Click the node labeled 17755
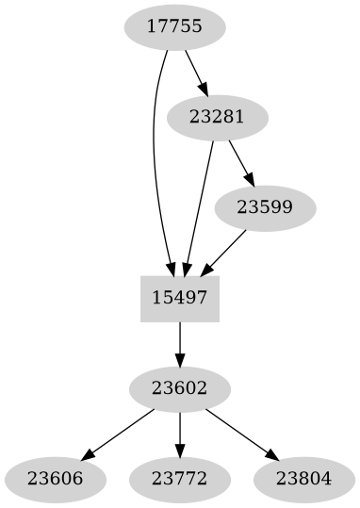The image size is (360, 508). tap(174, 27)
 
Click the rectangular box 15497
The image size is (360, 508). tap(180, 298)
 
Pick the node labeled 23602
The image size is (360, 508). tap(180, 387)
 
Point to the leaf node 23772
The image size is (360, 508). tap(180, 478)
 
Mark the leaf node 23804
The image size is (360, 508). tap(304, 478)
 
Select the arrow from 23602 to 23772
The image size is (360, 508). tap(180, 433)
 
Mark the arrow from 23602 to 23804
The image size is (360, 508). tap(240, 432)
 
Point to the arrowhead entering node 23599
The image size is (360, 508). tap(250, 179)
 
